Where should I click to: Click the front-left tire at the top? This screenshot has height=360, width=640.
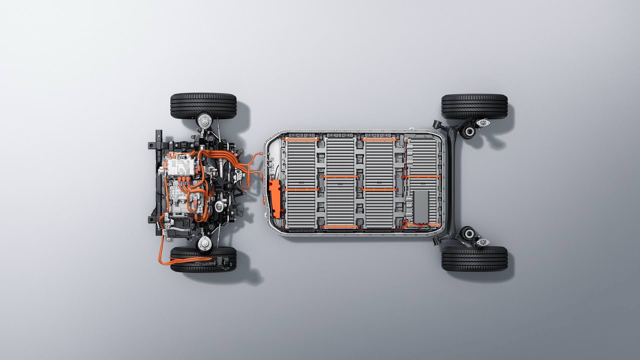click(x=203, y=105)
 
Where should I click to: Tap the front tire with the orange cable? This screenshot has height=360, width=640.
click(x=203, y=259)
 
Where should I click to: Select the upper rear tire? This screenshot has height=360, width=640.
click(x=474, y=106)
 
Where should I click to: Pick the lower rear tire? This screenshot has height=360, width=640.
click(x=474, y=259)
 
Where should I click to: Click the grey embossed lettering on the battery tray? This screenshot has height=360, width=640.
click(x=272, y=165)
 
